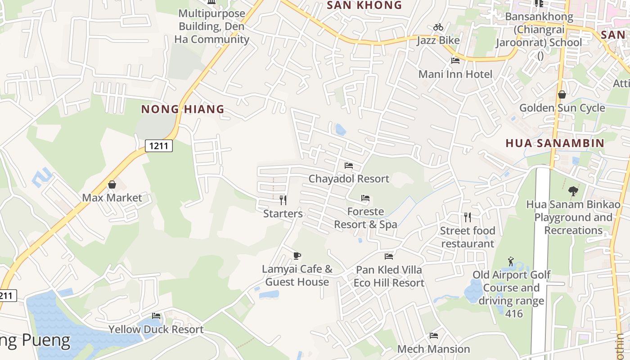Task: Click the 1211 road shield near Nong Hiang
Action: [x=159, y=145]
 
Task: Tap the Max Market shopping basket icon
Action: [x=112, y=184]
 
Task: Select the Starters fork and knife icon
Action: [x=283, y=200]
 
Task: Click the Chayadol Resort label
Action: [x=349, y=179]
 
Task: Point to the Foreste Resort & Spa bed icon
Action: [x=365, y=198]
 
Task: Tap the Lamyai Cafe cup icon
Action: [x=297, y=256]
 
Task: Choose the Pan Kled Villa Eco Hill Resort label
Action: [x=389, y=276]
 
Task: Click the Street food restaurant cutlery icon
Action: [x=468, y=217]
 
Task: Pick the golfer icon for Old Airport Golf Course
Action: [x=510, y=261]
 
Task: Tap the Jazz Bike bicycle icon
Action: [x=438, y=27]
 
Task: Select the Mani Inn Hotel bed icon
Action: [x=455, y=61]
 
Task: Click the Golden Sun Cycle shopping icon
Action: [x=562, y=94]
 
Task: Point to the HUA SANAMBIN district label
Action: [x=555, y=143]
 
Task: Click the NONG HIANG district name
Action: [x=183, y=109]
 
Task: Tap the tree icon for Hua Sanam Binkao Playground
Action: [x=573, y=191]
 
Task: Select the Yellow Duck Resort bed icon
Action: [x=156, y=316]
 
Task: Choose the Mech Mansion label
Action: [x=433, y=349]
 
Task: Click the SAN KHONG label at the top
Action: [x=364, y=5]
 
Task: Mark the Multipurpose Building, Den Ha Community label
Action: [x=211, y=26]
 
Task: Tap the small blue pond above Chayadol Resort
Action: [x=341, y=130]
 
